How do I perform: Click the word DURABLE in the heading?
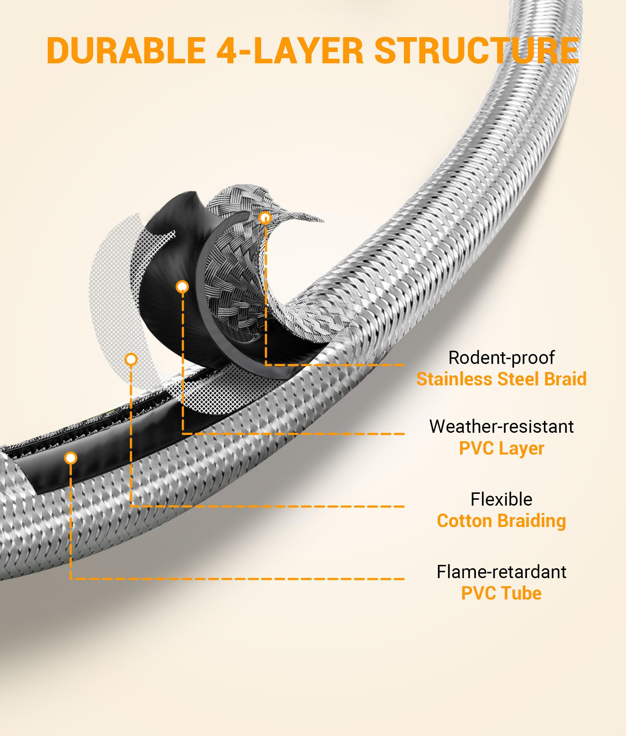126,51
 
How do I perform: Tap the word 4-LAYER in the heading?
289,51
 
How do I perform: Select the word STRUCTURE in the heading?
476,51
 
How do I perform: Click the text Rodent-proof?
501,358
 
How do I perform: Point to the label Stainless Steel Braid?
501,379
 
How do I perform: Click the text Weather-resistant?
501,427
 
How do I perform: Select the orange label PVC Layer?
501,448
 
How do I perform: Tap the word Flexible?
501,499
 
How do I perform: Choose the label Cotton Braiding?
501,521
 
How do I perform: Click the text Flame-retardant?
501,572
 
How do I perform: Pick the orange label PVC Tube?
501,593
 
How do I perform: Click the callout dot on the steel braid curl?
265,218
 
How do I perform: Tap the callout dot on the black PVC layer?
182,286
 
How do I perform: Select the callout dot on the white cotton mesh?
131,359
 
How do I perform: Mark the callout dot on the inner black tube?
70,458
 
